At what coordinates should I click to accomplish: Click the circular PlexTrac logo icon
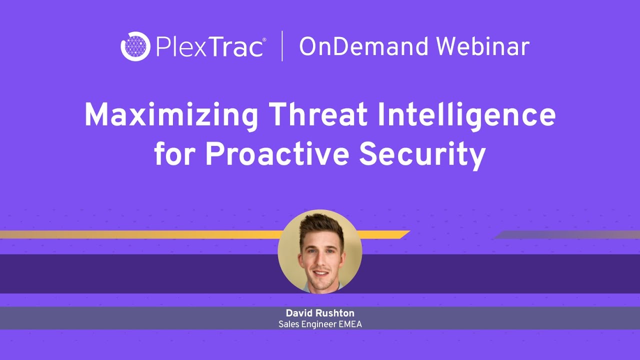(x=135, y=46)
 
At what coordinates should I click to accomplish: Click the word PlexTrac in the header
(x=209, y=47)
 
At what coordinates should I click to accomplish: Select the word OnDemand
(x=364, y=47)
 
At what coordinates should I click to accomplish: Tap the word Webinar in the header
(x=482, y=47)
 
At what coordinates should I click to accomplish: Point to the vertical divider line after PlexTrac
(x=282, y=46)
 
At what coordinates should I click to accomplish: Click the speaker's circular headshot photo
(x=320, y=251)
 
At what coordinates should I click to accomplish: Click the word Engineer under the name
(x=317, y=324)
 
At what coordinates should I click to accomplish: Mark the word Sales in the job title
(x=287, y=324)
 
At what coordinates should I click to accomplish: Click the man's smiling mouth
(x=321, y=273)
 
